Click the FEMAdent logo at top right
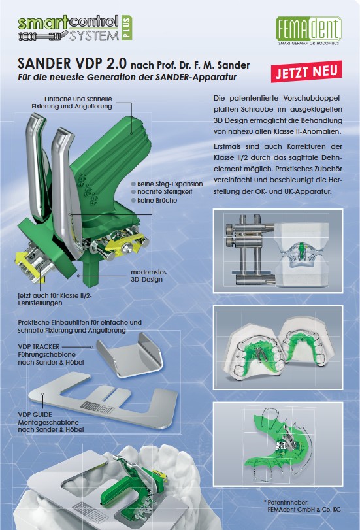(x=308, y=31)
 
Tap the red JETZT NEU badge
(x=306, y=72)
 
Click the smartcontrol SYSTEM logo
(x=75, y=28)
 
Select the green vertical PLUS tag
(x=126, y=27)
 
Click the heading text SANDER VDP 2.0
(x=72, y=63)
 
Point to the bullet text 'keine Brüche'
(x=157, y=200)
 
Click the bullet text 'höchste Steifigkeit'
(x=165, y=191)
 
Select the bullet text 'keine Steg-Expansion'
(x=170, y=184)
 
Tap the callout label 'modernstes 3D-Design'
(x=148, y=276)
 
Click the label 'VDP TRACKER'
(x=39, y=346)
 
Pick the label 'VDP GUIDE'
(x=35, y=414)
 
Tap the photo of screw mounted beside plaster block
(x=278, y=251)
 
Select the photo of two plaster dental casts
(x=278, y=348)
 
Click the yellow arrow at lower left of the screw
(x=30, y=267)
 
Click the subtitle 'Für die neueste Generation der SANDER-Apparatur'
(x=127, y=77)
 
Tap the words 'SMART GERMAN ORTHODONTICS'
(x=308, y=43)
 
